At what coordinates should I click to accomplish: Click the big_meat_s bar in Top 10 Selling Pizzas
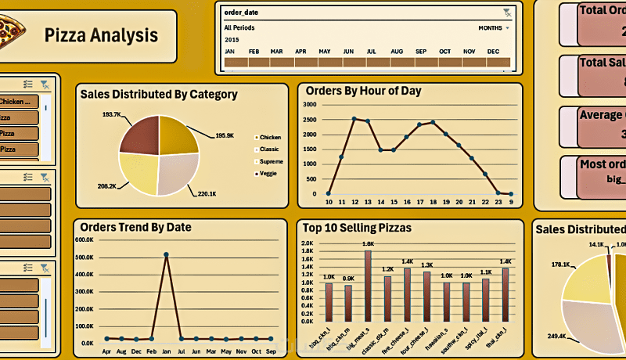point(368,286)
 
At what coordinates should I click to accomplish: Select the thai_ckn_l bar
point(505,294)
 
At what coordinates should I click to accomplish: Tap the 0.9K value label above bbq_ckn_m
point(348,279)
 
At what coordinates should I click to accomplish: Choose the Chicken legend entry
point(270,137)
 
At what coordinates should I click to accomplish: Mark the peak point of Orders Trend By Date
point(166,254)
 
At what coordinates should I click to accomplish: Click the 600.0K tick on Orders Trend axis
point(85,240)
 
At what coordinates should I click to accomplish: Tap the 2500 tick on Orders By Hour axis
point(311,119)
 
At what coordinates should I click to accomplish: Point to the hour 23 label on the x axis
point(498,203)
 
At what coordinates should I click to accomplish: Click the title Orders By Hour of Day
point(363,91)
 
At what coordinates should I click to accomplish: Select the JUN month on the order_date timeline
point(348,52)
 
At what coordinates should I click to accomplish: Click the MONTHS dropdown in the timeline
point(494,27)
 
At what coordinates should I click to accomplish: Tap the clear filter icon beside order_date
point(507,13)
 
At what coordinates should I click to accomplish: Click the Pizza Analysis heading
point(101,35)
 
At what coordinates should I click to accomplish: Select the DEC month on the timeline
point(493,52)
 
